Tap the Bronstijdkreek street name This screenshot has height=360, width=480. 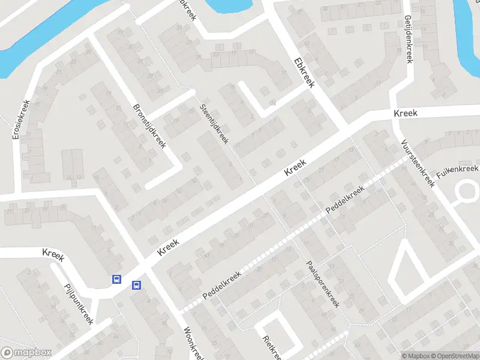pos(149,126)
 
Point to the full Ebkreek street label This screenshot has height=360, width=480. pos(304,72)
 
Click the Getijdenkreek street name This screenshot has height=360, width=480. pos(408,39)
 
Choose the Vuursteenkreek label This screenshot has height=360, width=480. pos(418,162)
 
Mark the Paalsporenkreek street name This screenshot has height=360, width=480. pos(323,284)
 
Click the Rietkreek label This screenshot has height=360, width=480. pos(271,347)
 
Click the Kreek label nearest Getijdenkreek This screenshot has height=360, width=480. pos(406,113)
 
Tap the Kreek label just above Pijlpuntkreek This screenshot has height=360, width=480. pos(53,254)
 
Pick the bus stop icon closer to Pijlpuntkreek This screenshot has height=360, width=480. pos(116,279)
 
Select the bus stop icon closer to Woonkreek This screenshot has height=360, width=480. pos(137,286)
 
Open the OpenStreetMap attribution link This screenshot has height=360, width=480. pos(454,356)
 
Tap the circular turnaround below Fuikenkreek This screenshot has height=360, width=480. pos(468,193)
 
